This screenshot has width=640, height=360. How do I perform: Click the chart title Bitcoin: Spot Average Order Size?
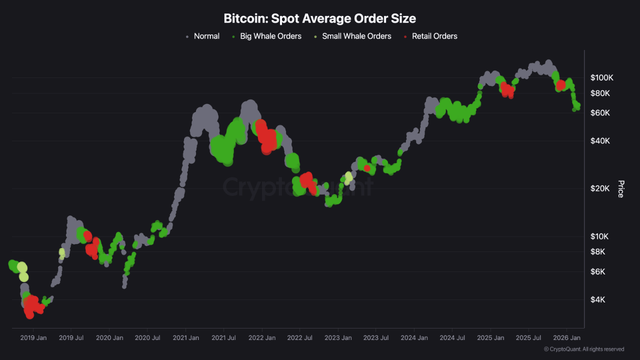(x=319, y=19)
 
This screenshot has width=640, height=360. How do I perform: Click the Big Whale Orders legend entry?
(x=270, y=36)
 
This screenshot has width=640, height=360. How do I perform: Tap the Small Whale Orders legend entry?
(x=356, y=36)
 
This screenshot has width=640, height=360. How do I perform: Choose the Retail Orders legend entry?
(x=434, y=36)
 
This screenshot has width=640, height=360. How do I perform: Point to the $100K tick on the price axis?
(x=601, y=78)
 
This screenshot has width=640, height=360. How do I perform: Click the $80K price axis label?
(x=600, y=93)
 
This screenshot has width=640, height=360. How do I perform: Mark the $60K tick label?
(x=600, y=113)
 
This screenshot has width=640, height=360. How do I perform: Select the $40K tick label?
(x=600, y=141)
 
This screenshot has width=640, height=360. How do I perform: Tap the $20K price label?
(x=600, y=188)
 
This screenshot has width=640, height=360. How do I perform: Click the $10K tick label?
(x=600, y=236)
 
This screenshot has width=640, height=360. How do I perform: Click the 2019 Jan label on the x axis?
(x=33, y=338)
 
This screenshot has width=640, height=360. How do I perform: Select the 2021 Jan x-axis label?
(x=185, y=338)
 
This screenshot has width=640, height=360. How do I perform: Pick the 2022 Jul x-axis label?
(x=300, y=338)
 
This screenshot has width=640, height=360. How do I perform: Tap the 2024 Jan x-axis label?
(x=414, y=338)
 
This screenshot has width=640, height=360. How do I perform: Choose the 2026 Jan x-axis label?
(x=566, y=338)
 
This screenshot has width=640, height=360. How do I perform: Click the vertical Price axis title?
(x=620, y=189)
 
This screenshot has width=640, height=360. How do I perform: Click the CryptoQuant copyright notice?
(x=583, y=349)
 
